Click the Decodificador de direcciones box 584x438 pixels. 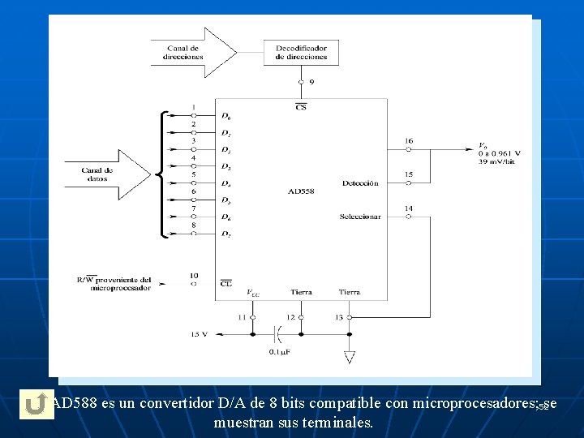[x=301, y=53]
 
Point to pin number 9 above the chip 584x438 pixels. [x=312, y=82]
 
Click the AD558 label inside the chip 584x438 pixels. [x=300, y=191]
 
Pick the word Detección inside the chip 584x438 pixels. [x=360, y=183]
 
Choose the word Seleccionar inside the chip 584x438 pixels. [x=360, y=217]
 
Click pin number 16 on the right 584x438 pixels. [x=409, y=141]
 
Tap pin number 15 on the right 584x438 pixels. [x=409, y=174]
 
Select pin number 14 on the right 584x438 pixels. [x=409, y=208]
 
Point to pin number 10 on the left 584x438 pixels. [x=194, y=276]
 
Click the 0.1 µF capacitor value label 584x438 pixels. [x=281, y=351]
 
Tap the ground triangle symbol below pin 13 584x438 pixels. [x=350, y=356]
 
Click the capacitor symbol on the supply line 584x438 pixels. [x=281, y=333]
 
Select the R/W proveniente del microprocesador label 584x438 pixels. [x=114, y=283]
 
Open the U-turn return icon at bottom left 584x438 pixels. [x=33, y=405]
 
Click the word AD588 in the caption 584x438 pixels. [x=75, y=403]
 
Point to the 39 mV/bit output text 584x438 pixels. [x=496, y=161]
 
